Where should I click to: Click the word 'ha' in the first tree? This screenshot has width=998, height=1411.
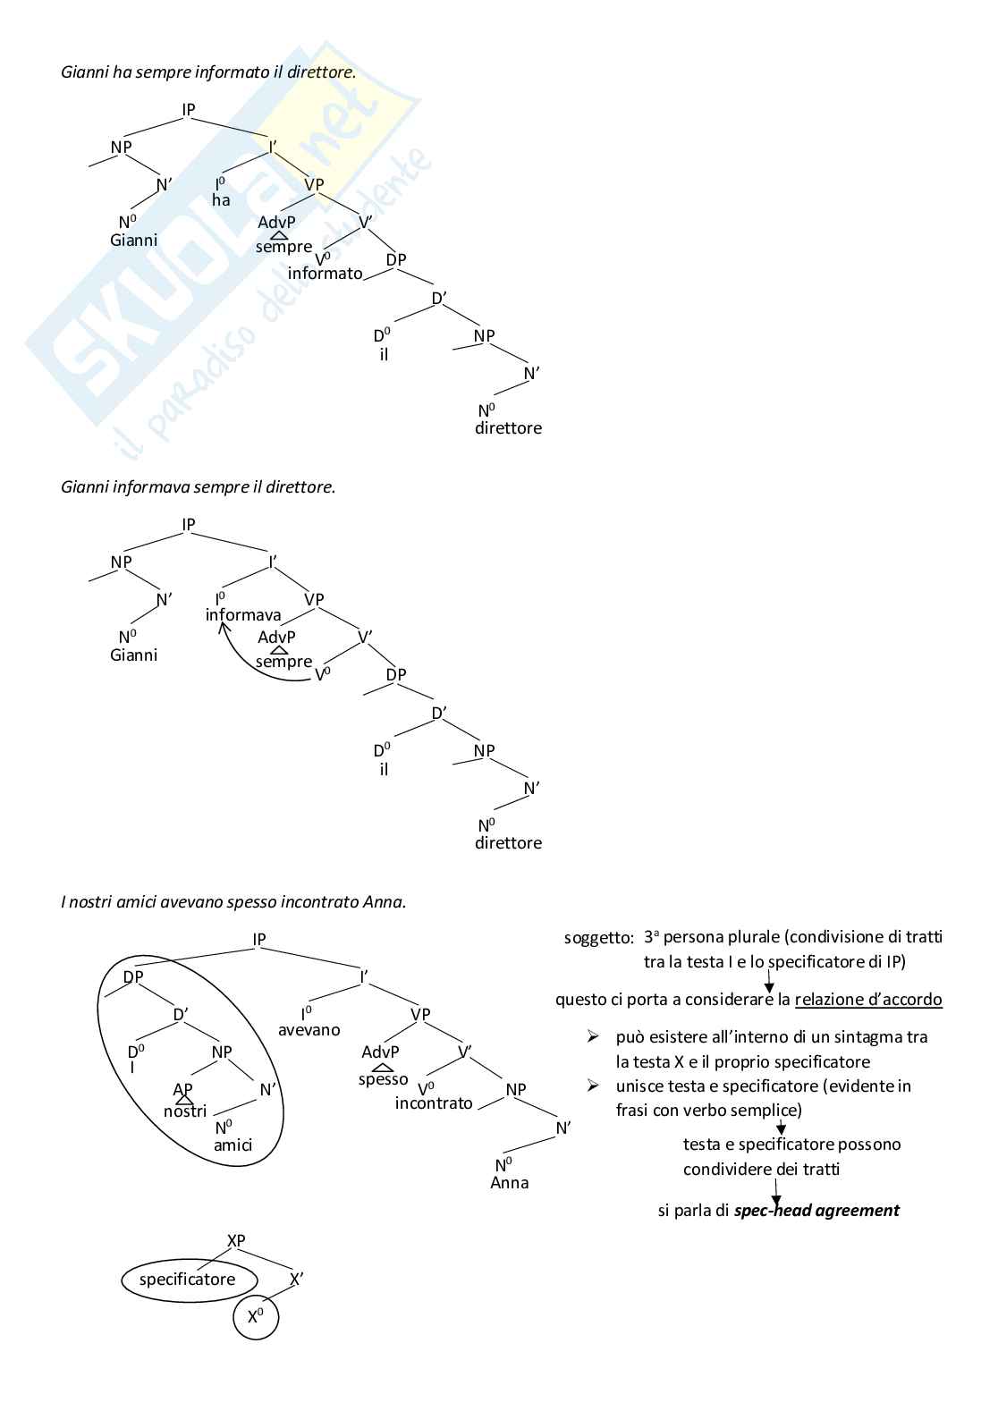pyautogui.click(x=221, y=200)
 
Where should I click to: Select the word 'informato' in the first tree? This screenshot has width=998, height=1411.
pyautogui.click(x=326, y=274)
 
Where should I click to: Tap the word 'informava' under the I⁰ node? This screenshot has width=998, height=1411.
pyautogui.click(x=243, y=615)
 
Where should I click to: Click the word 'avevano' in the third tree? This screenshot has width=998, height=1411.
pyautogui.click(x=309, y=1030)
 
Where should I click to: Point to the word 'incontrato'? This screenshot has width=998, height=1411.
pyautogui.click(x=434, y=1103)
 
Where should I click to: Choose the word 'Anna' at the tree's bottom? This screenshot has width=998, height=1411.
pyautogui.click(x=510, y=1183)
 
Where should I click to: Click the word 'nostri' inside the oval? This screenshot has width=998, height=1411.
pyautogui.click(x=185, y=1111)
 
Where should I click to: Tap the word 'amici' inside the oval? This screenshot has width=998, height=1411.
pyautogui.click(x=233, y=1145)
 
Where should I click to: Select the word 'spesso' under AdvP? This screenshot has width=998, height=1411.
pyautogui.click(x=383, y=1079)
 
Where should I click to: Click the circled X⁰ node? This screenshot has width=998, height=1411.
pyautogui.click(x=256, y=1317)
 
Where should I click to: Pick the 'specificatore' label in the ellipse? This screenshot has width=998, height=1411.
pyautogui.click(x=188, y=1280)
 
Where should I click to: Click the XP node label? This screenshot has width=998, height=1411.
pyautogui.click(x=236, y=1241)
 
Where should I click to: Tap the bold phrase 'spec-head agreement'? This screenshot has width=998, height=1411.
pyautogui.click(x=816, y=1211)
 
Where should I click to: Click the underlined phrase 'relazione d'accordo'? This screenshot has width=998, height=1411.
pyautogui.click(x=868, y=1000)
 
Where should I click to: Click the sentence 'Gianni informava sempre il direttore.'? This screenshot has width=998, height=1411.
pyautogui.click(x=199, y=487)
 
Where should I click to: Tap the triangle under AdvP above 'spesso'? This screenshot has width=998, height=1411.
pyautogui.click(x=383, y=1068)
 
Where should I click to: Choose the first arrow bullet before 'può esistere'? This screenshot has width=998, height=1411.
pyautogui.click(x=592, y=1037)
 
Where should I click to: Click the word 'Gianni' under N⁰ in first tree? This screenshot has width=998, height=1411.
pyautogui.click(x=134, y=240)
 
